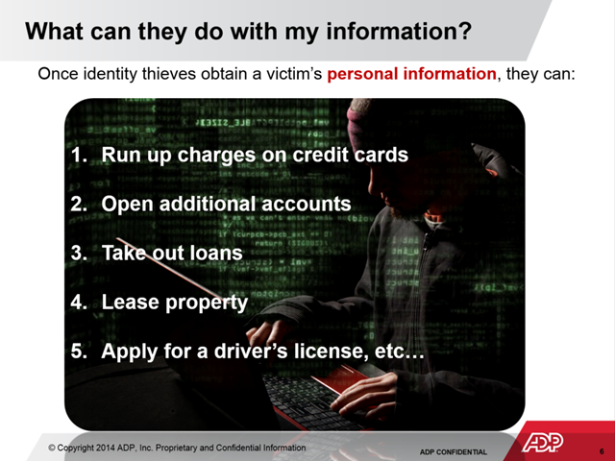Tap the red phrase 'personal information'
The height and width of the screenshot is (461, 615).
coord(412,74)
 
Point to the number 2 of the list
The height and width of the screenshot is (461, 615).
coord(77,204)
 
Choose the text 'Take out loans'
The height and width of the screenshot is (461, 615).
coord(172,253)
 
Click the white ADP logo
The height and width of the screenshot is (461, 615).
coord(542,442)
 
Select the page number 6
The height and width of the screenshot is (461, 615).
coord(602,452)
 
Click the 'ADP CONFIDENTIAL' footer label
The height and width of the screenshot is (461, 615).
coord(453,452)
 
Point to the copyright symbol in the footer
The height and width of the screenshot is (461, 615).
coord(52,448)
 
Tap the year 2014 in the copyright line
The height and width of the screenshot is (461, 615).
coord(106,448)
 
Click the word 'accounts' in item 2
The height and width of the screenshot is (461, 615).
coord(306,204)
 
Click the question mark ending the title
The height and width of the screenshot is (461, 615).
coord(465,31)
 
